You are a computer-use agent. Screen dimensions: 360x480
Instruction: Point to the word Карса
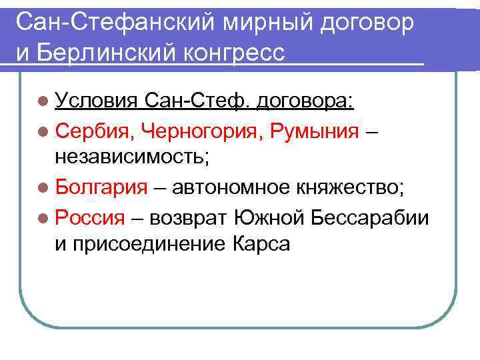point(262,244)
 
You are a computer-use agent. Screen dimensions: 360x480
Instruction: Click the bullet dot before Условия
point(43,101)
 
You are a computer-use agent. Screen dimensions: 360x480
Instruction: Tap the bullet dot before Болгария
point(43,187)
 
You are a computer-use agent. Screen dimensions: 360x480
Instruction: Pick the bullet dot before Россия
point(43,217)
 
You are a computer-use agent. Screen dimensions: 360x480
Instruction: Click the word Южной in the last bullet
point(264,216)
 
